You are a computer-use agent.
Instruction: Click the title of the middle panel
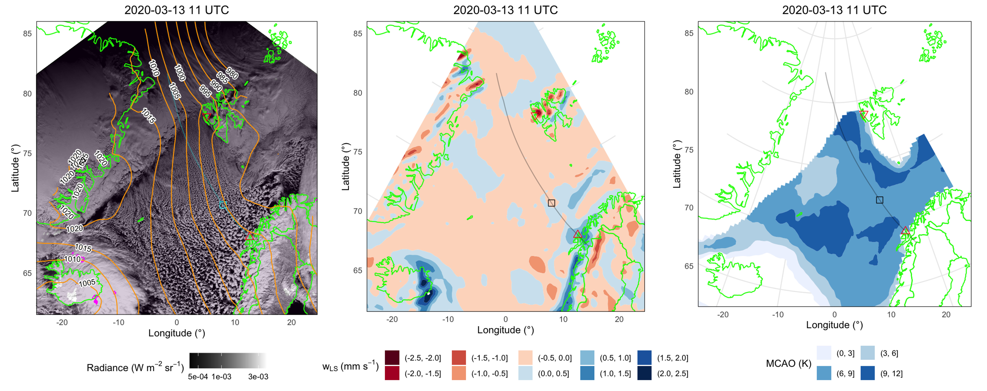point(505,10)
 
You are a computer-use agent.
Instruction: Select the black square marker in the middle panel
point(551,203)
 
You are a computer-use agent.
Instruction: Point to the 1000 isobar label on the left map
point(180,73)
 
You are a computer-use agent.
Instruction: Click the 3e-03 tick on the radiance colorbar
point(258,377)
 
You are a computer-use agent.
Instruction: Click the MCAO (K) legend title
point(789,363)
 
